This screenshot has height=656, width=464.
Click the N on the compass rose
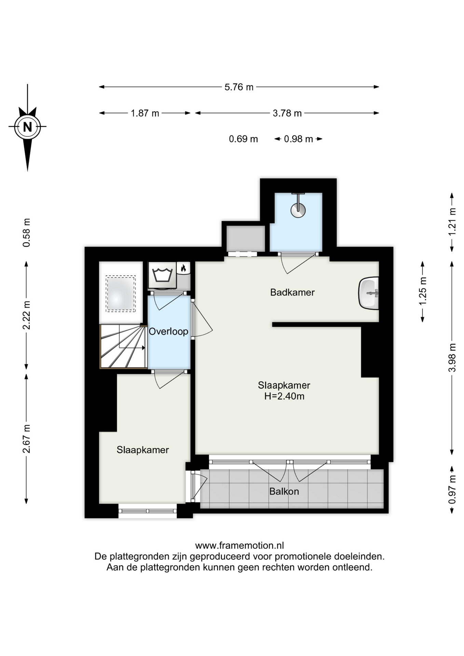pos(27,127)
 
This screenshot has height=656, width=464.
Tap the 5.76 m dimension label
pos(239,87)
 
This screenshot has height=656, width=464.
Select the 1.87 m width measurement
pos(145,113)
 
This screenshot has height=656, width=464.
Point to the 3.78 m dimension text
pos(287,113)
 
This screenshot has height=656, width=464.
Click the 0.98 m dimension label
pos(298,139)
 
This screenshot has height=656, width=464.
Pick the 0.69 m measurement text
pos(243,139)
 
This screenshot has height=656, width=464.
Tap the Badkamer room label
pos(292,292)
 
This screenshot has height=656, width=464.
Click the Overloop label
pos(168,331)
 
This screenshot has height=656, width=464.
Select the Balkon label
pos(284,491)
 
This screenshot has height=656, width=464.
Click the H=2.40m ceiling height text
pos(284,396)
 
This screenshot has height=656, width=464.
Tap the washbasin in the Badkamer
pos(369,293)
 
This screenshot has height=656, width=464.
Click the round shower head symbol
pos(298,210)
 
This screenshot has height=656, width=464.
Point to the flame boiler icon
pos(183,268)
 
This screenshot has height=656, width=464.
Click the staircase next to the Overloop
pos(123,346)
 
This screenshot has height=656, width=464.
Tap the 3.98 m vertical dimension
pos(452,358)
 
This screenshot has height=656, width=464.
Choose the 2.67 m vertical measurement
pos(26,439)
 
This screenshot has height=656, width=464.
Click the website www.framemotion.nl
pos(239,546)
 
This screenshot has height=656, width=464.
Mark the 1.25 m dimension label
pos(423,291)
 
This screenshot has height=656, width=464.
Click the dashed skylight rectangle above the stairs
pos(121,294)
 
